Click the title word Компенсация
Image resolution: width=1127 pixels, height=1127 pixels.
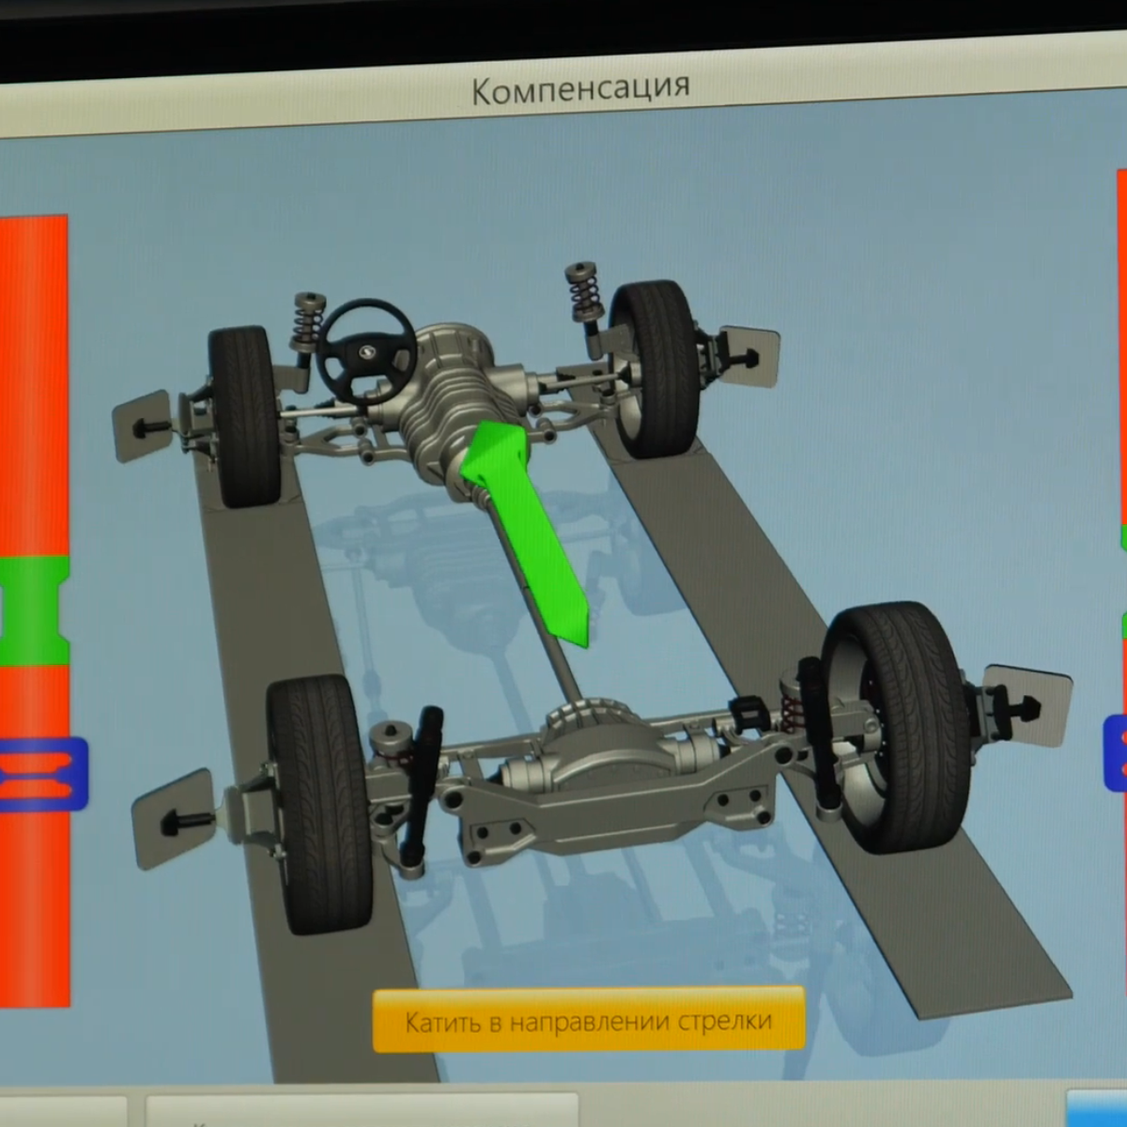pyautogui.click(x=580, y=89)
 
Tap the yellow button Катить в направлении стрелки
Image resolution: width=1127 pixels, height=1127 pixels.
pyautogui.click(x=589, y=1021)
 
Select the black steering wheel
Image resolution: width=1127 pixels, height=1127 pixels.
pyautogui.click(x=366, y=352)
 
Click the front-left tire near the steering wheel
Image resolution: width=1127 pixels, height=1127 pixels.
pyautogui.click(x=244, y=416)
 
